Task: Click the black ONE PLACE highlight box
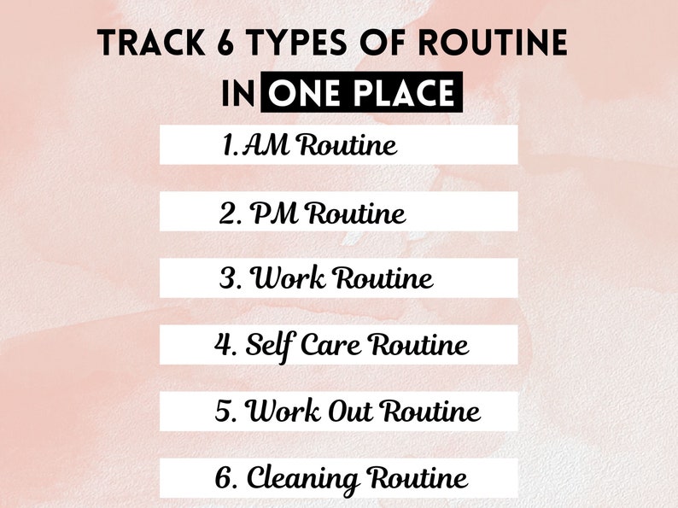click(x=362, y=93)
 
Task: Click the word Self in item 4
click(x=266, y=345)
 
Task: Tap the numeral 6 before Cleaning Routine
click(x=225, y=477)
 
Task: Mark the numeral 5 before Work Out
click(x=225, y=412)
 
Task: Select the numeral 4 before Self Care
click(x=224, y=345)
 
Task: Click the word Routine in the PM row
click(x=356, y=213)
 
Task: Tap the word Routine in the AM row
click(x=346, y=145)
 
